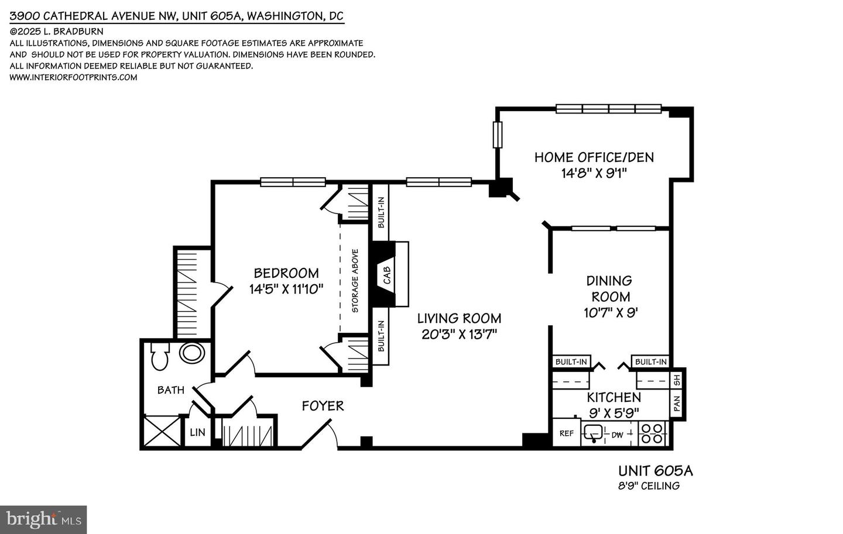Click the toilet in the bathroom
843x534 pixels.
coord(160,357)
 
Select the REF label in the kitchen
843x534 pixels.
coord(567,433)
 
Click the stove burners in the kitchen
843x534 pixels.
coord(652,433)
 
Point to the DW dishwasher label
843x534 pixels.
coord(617,435)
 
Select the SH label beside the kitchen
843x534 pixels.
coord(677,381)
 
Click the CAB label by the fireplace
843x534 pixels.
coord(387,275)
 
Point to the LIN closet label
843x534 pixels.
coord(198,432)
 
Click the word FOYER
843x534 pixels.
coord(323,406)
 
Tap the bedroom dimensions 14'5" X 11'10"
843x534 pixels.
coord(286,289)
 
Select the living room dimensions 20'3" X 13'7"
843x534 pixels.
coord(459,335)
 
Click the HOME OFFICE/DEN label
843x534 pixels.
coord(594,157)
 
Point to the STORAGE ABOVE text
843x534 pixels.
coord(355,281)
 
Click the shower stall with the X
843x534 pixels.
coord(162,431)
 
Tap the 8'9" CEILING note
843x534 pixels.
coord(649,486)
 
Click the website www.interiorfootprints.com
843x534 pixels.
coord(73,77)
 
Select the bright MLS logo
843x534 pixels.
coord(43,520)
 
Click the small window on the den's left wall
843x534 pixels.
coord(498,135)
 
